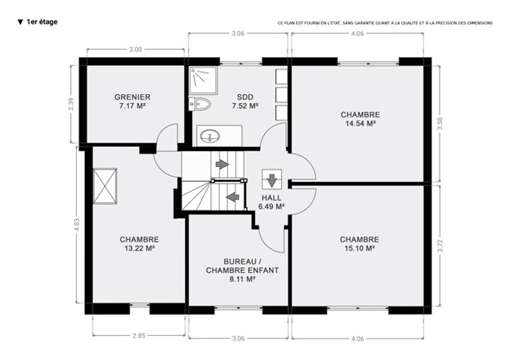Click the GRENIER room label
132,97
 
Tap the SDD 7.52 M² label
245,101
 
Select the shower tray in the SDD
204,81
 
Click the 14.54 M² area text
360,123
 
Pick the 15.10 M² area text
360,249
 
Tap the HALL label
272,198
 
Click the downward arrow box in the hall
272,179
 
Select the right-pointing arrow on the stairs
222,164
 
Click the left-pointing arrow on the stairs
233,197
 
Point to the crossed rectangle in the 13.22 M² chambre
105,186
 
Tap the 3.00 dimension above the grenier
136,49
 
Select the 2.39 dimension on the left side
71,104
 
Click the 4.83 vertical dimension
77,224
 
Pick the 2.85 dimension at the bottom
139,336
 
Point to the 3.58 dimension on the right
440,124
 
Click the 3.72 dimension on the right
440,246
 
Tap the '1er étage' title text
42,21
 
